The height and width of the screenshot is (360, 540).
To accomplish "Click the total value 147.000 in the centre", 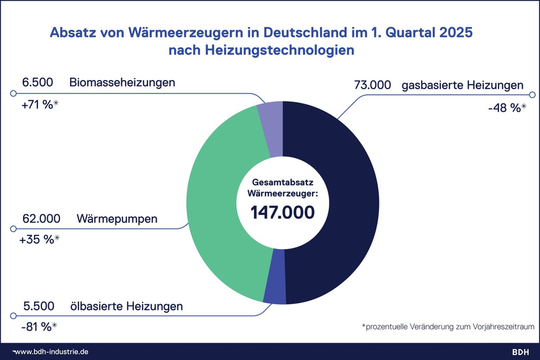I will click(x=282, y=212).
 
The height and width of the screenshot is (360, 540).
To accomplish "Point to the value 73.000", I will click(x=372, y=85).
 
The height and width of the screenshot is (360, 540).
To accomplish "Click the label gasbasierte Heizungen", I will click(x=463, y=85).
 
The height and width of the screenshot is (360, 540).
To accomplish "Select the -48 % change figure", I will click(x=506, y=107).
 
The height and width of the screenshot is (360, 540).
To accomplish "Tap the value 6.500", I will click(x=37, y=82).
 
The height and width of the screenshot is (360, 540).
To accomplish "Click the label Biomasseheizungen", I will click(x=123, y=82).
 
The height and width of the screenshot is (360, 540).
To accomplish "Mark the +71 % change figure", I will click(x=39, y=103).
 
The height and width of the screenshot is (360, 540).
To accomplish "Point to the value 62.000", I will click(x=41, y=219).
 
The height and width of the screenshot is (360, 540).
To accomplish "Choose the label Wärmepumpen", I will click(x=117, y=219).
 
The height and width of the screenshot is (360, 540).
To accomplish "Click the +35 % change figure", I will click(x=40, y=240).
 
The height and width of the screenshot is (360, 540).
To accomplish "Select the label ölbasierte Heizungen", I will click(x=129, y=306).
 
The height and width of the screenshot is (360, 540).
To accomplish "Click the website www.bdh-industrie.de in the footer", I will click(x=53, y=351).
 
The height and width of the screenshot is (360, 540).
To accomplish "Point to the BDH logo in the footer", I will click(x=521, y=351).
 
